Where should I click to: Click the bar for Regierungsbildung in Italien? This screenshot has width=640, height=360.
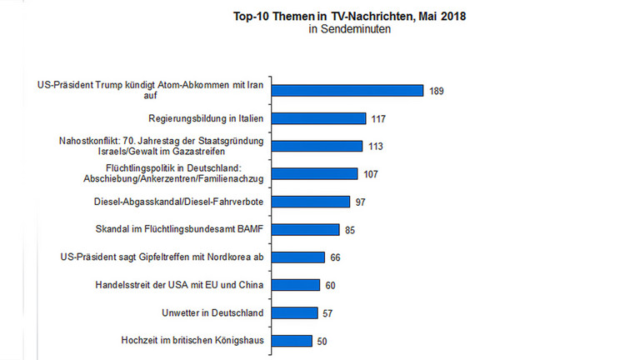(320, 118)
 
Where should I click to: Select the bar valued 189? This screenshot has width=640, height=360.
(348, 90)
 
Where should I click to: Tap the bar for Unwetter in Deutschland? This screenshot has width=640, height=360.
(296, 312)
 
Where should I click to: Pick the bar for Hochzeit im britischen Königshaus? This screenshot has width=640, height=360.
(292, 341)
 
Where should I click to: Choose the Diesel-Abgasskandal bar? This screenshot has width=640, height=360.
(312, 202)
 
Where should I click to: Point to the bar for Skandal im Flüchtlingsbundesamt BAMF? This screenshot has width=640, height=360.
(307, 229)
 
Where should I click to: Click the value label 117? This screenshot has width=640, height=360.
(379, 119)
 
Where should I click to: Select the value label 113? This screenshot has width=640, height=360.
(375, 147)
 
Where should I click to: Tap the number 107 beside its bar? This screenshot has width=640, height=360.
(370, 174)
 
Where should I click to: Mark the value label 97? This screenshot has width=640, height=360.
(361, 202)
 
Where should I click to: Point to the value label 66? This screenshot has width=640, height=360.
(336, 257)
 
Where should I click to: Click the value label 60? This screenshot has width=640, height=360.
(331, 285)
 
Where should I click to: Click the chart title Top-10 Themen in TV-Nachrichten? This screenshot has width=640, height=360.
(348, 16)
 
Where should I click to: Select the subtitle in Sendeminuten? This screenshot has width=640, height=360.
(349, 30)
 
